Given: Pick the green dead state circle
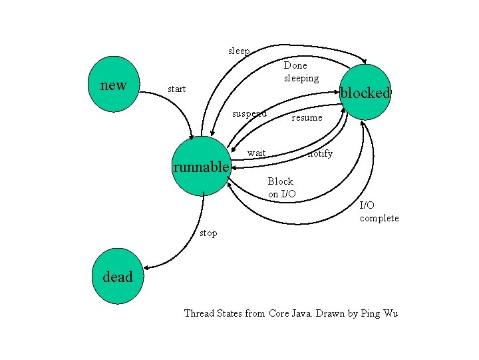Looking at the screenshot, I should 117,277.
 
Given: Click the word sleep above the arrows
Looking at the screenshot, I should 239,51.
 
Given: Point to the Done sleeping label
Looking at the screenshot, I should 301,72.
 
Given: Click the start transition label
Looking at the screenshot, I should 177,89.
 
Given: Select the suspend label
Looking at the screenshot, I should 249,113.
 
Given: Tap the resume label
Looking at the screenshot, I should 307,117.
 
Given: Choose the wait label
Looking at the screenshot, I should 256,153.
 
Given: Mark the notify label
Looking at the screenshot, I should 320,153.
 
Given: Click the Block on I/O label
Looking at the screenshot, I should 281,187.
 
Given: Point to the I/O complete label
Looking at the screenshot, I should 379,211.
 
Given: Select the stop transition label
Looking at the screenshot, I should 208,233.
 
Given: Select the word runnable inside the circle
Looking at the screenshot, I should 201,167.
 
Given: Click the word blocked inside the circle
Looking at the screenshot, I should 365,93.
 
